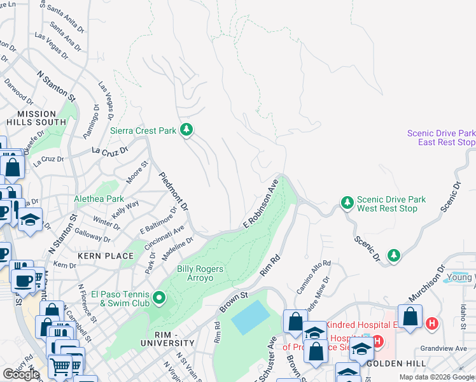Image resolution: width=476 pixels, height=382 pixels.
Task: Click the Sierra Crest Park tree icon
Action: coord(186,131)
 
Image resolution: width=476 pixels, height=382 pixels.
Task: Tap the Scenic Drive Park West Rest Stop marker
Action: coord(347,203)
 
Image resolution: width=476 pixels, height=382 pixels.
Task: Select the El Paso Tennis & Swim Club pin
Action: coord(159,297)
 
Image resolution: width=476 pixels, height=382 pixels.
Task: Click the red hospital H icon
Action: coord(433,323)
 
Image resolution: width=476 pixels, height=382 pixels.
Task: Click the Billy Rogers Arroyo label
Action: coord(200,273)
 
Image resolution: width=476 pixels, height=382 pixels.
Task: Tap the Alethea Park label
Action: coord(99,199)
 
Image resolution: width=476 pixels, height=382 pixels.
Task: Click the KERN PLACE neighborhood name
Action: coord(106,256)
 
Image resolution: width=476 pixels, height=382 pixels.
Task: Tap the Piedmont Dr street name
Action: coord(173,192)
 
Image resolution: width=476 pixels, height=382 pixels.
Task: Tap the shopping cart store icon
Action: coord(60,365)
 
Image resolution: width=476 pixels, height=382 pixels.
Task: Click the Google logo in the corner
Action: coord(21,374)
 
